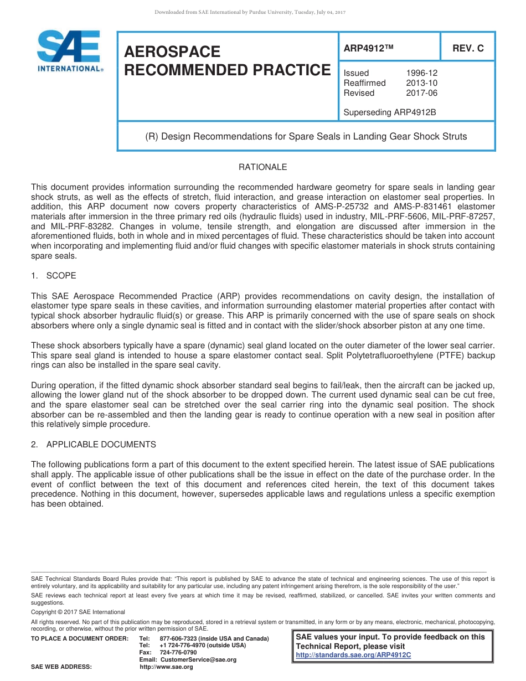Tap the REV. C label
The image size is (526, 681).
click(x=468, y=49)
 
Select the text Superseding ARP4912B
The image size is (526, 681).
click(x=390, y=112)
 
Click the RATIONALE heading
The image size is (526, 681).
click(x=262, y=167)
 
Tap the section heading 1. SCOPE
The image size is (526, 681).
click(x=54, y=276)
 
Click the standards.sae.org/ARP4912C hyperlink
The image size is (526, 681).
click(x=354, y=655)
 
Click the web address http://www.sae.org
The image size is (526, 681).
click(x=167, y=667)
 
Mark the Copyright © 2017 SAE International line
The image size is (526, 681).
click(x=78, y=612)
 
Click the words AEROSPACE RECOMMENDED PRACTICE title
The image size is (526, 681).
click(x=227, y=61)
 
